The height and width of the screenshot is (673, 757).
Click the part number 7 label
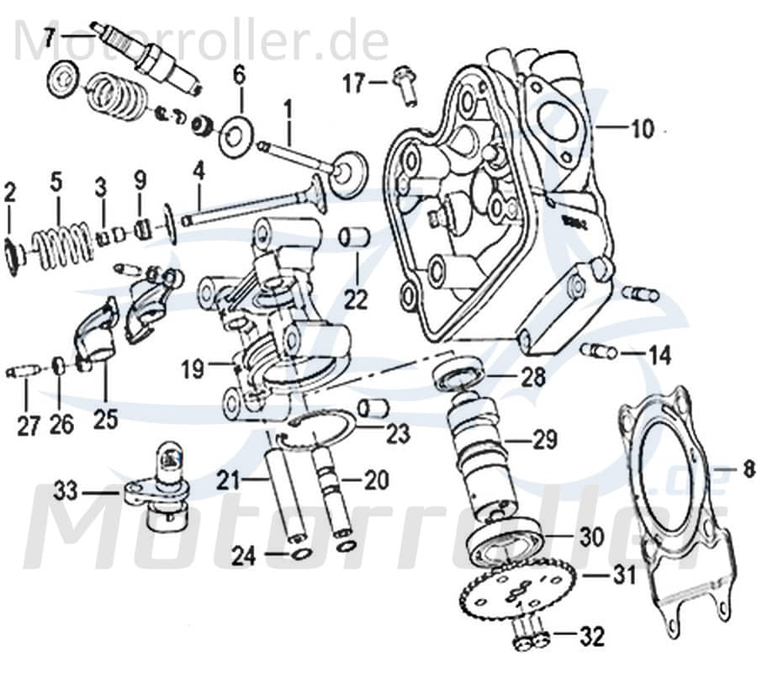tap(50, 38)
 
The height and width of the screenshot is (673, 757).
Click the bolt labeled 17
tap(407, 85)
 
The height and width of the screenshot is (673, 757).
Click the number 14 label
tap(659, 356)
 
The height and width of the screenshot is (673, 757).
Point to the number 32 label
tap(592, 638)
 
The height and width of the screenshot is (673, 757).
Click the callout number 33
tap(66, 490)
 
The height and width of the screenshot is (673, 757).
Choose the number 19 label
tap(193, 368)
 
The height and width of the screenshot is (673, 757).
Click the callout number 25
tap(105, 418)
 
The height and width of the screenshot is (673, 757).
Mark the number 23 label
tap(397, 434)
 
